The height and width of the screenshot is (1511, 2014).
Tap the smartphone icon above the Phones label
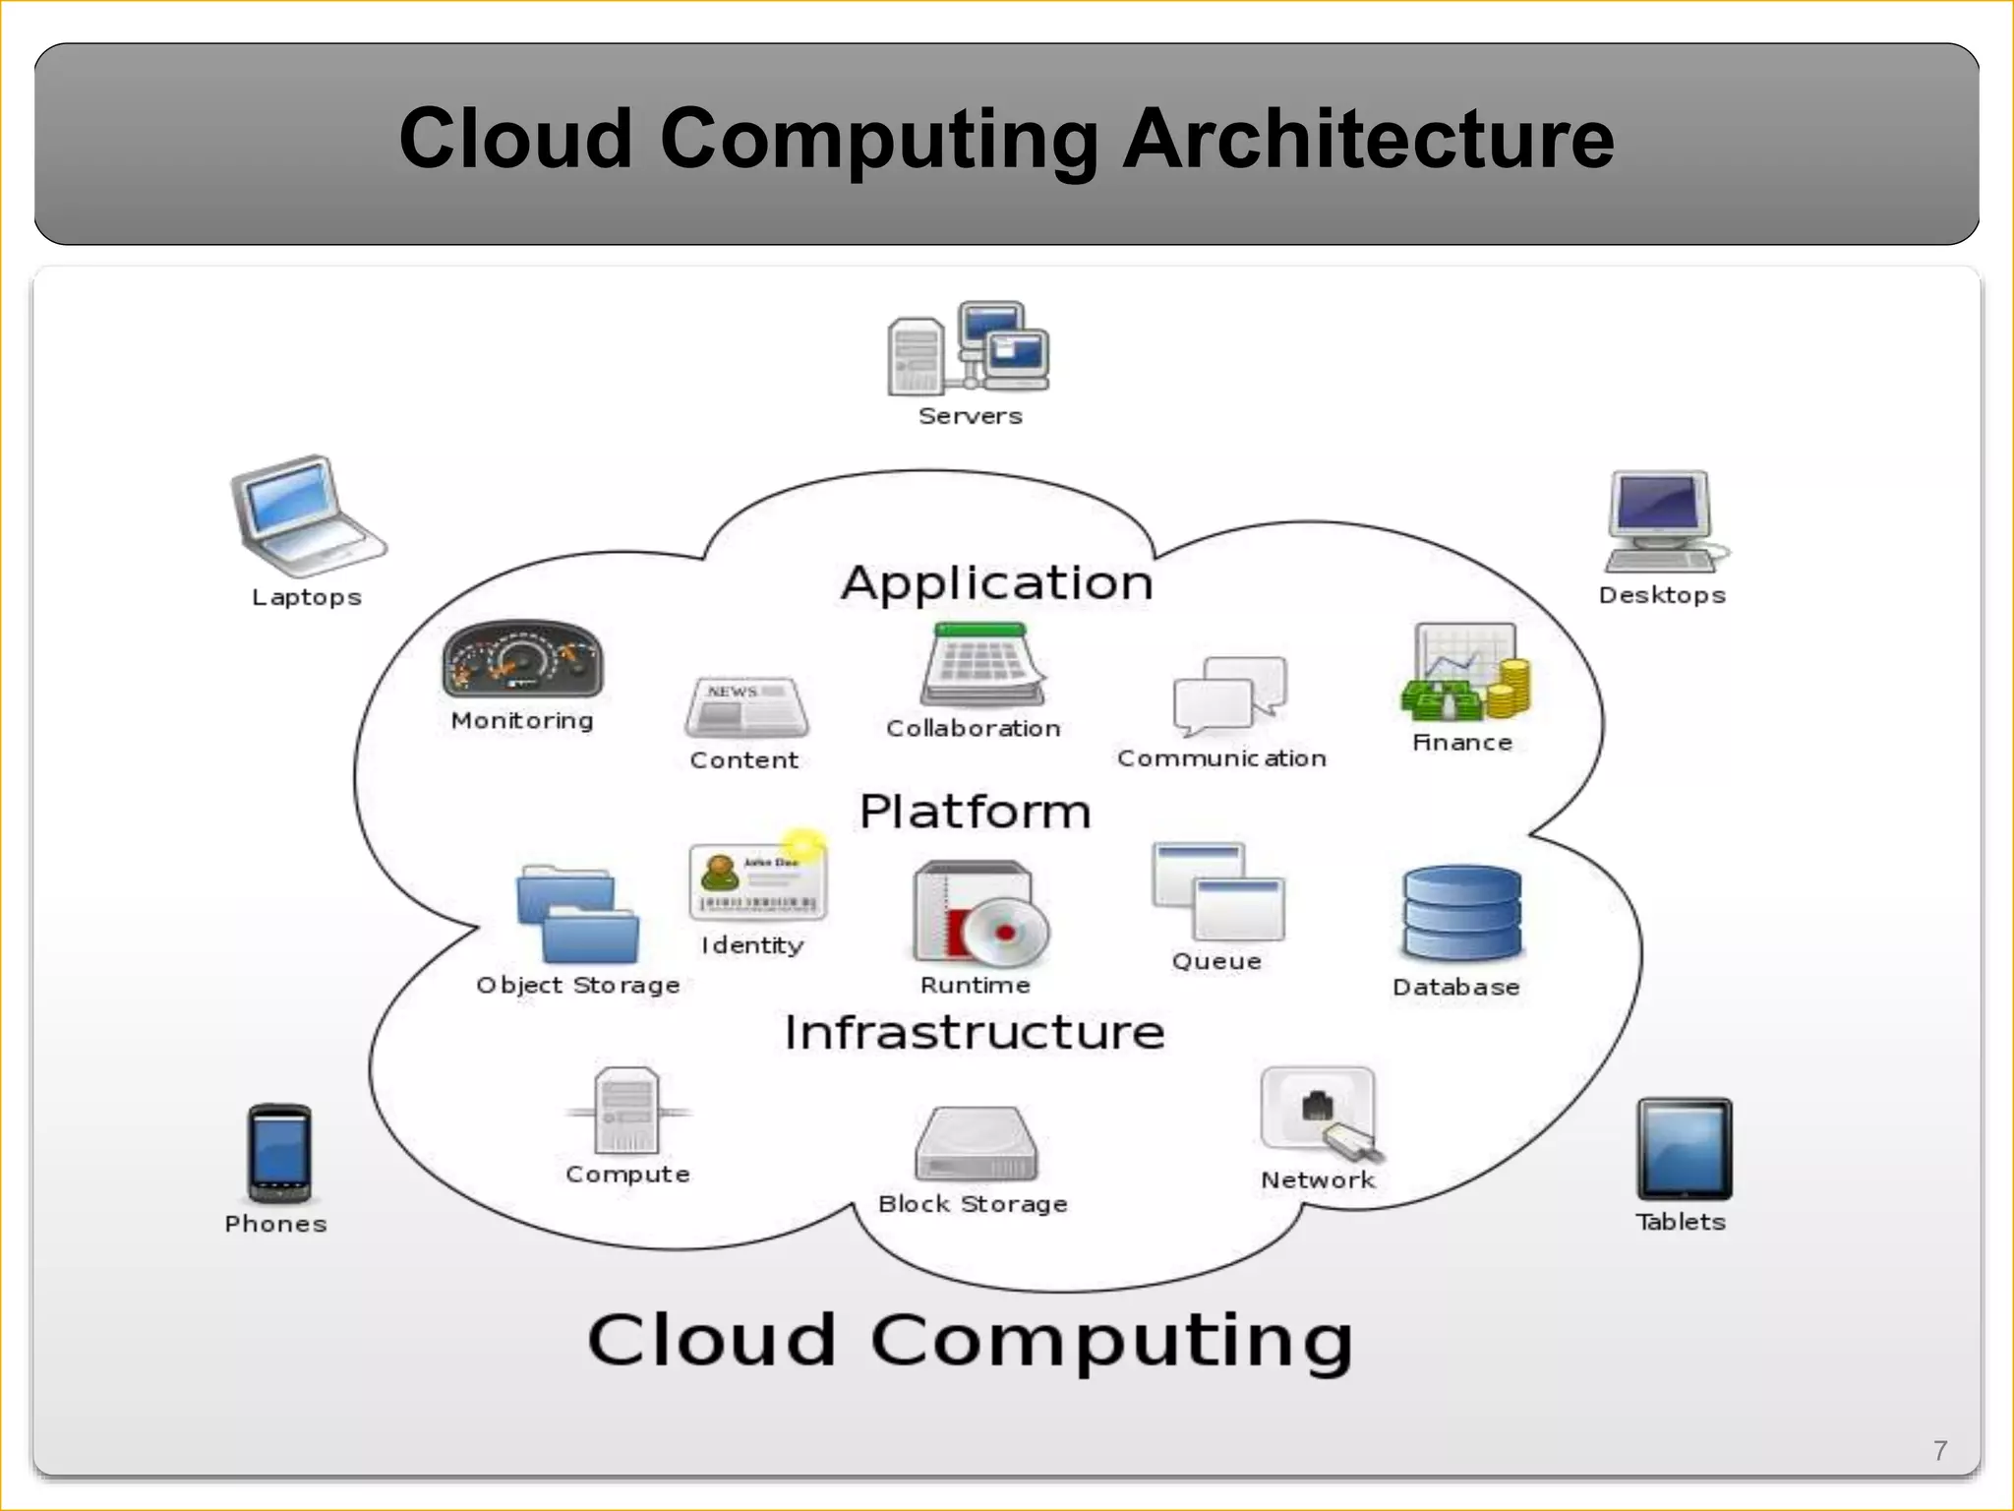point(279,1153)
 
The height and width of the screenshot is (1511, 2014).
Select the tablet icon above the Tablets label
point(1684,1149)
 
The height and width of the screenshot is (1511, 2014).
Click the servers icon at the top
point(969,349)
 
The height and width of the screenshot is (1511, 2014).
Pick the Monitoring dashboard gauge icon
point(522,659)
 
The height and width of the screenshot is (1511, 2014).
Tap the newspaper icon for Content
point(746,706)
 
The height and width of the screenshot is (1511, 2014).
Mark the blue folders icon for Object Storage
point(577,914)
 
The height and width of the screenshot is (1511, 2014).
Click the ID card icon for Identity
point(757,879)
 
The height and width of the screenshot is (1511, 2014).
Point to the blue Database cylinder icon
point(1461,913)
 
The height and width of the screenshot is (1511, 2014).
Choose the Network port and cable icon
point(1320,1113)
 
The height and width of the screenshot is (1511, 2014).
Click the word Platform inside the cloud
point(976,813)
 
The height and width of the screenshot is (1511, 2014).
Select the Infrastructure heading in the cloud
point(975,1033)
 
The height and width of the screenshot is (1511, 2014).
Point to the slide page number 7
point(1939,1451)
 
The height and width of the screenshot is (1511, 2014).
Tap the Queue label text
point(1216,961)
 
